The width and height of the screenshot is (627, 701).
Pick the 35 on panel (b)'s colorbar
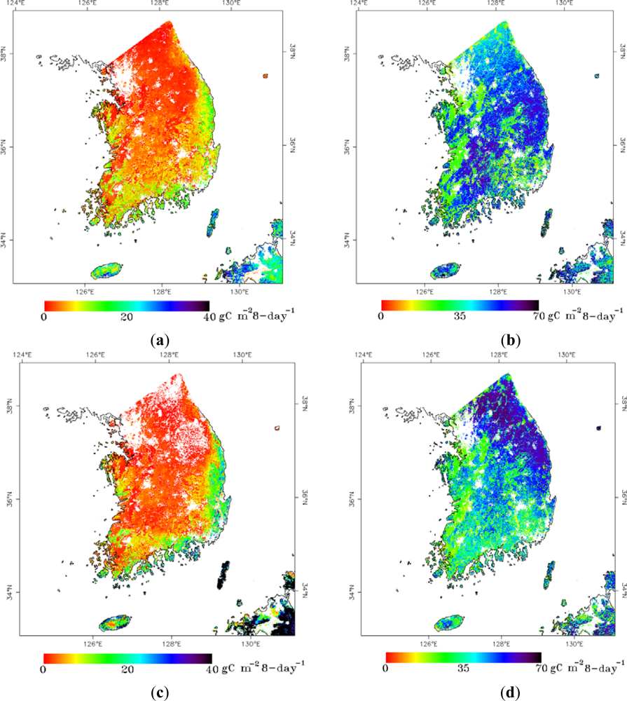(x=459, y=316)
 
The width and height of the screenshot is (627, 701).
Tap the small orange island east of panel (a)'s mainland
(x=266, y=76)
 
